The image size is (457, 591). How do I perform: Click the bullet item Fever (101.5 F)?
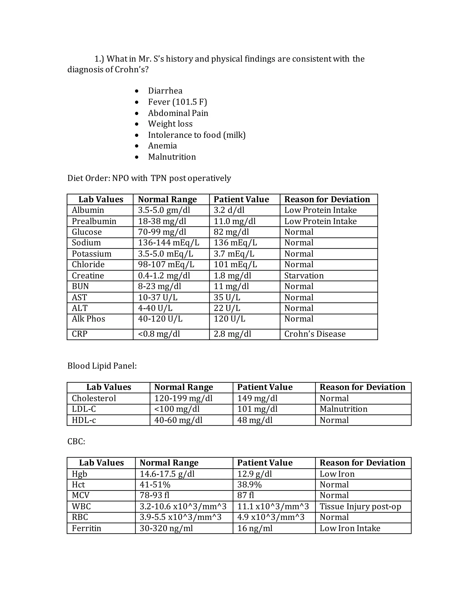pos(177,102)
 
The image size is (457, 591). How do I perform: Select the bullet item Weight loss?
pos(170,124)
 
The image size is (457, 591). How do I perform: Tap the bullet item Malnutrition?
pos(172,157)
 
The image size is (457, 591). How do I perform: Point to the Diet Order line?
pos(149,178)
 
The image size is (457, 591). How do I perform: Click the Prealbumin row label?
pos(94,221)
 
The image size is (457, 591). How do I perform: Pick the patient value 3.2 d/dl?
pos(229,210)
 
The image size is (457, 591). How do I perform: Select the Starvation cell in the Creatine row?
pos(304,276)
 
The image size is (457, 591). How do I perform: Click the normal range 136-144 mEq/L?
pos(168,243)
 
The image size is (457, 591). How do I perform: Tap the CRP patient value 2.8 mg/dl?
pos(232,334)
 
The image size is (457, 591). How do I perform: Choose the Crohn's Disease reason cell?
pos(315,334)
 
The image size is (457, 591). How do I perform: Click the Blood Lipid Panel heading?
pos(102,366)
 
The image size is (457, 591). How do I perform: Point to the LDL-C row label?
pos(84,409)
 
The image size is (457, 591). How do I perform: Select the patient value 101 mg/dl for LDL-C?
pos(257,409)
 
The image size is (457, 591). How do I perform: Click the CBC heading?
pos(76,441)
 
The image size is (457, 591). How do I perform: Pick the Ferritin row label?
pos(86,528)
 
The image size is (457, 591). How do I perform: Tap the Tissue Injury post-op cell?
pos(360,506)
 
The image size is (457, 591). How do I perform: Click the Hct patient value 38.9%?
pos(249,485)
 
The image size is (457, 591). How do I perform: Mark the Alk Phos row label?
pos(88,319)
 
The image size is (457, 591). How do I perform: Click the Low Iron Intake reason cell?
pos(350,528)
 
